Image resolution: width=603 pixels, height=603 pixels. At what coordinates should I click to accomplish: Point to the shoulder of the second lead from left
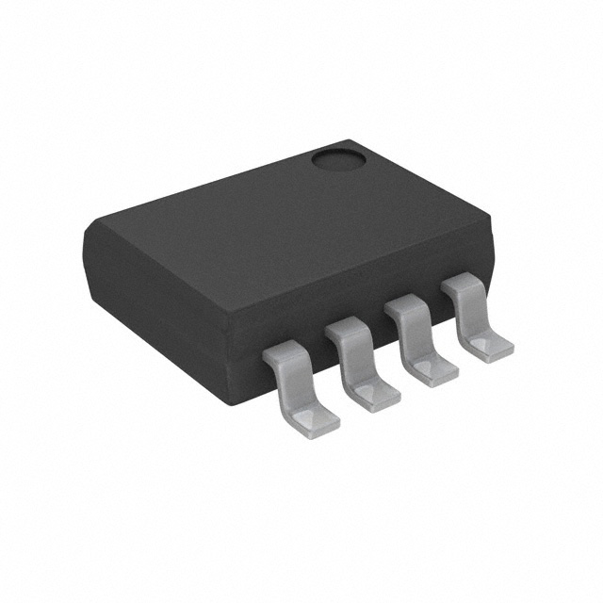click(x=346, y=330)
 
